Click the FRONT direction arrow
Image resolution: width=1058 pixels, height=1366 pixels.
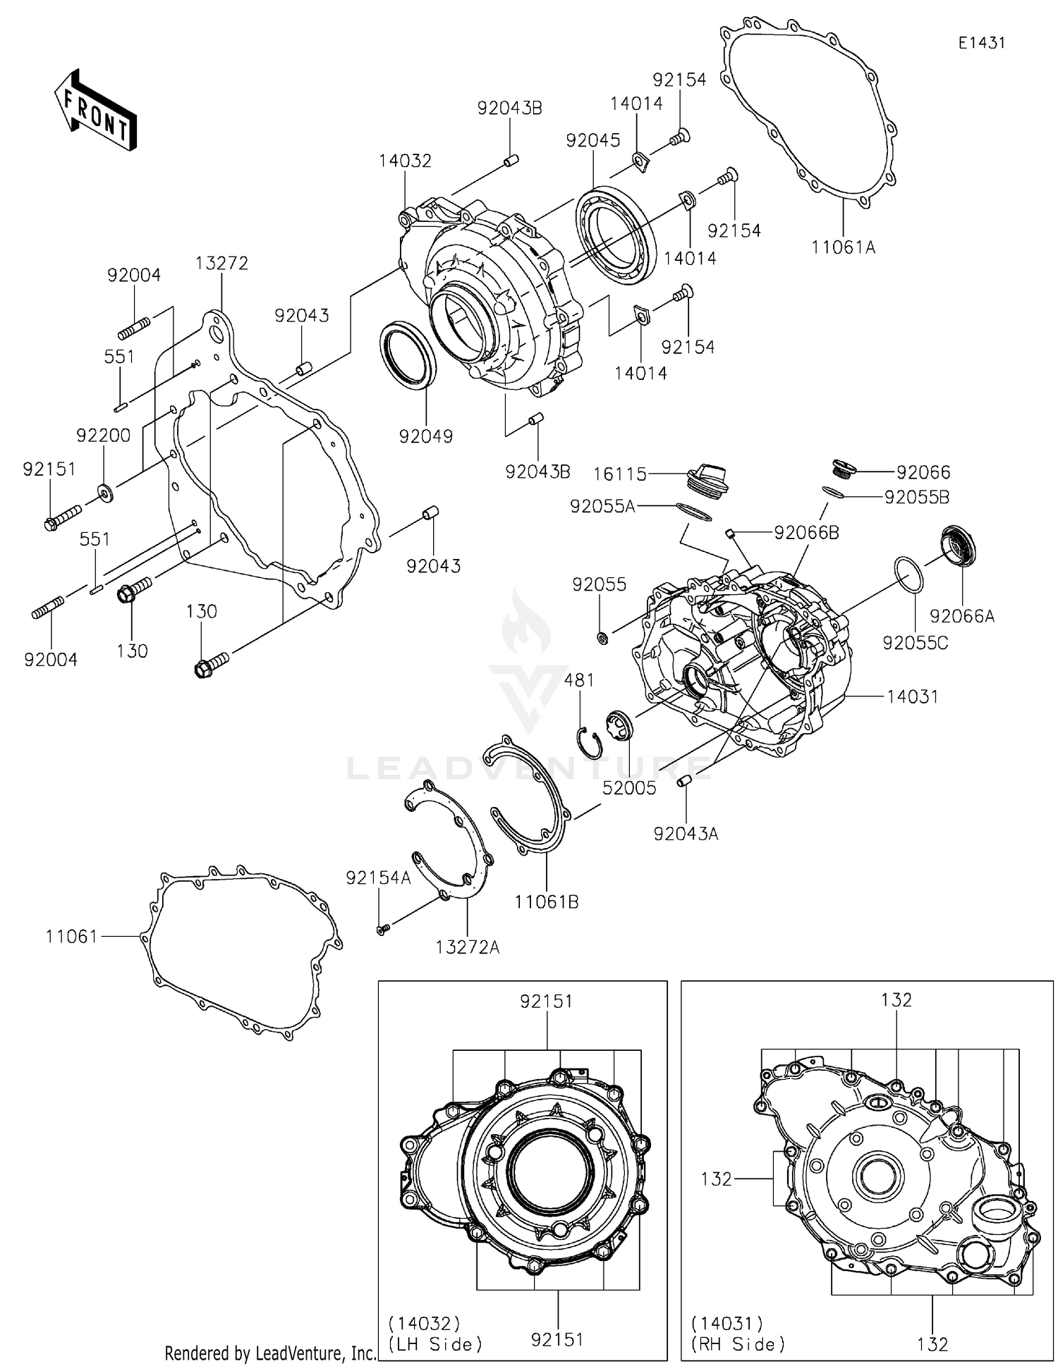[95, 110]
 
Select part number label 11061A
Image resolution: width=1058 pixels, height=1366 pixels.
[843, 247]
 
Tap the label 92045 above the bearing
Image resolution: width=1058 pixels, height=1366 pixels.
[592, 140]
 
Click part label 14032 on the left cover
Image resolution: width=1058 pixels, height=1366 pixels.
[405, 161]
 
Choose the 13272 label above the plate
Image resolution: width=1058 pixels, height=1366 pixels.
[221, 263]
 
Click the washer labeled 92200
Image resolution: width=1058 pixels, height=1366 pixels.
[105, 492]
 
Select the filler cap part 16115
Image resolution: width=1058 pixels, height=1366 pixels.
[707, 476]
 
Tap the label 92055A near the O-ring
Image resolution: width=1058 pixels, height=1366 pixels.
[602, 506]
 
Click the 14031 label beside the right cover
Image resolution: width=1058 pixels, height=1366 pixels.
[912, 696]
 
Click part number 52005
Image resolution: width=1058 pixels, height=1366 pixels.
[629, 788]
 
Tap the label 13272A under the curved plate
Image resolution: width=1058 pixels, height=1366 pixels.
[467, 947]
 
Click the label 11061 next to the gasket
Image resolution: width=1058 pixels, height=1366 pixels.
[71, 936]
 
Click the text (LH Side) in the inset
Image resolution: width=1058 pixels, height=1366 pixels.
[435, 1344]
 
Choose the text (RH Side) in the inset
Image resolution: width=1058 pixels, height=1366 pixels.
[738, 1344]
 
